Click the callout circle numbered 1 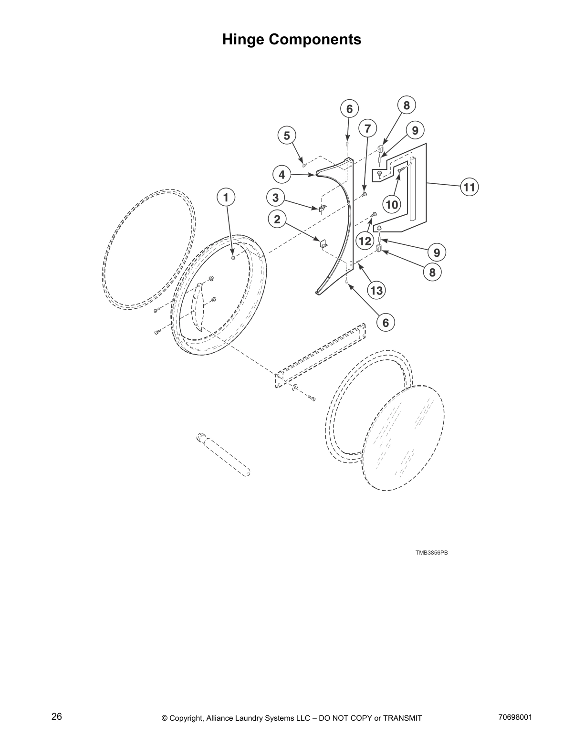click(x=226, y=197)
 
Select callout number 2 click(x=277, y=220)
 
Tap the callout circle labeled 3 click(x=275, y=197)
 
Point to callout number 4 click(x=282, y=175)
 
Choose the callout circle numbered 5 click(x=287, y=136)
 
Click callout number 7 click(x=367, y=128)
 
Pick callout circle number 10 click(x=391, y=205)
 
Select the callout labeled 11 click(x=470, y=187)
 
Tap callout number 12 click(x=365, y=241)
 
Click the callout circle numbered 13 click(x=376, y=291)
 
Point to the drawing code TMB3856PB click(x=431, y=553)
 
